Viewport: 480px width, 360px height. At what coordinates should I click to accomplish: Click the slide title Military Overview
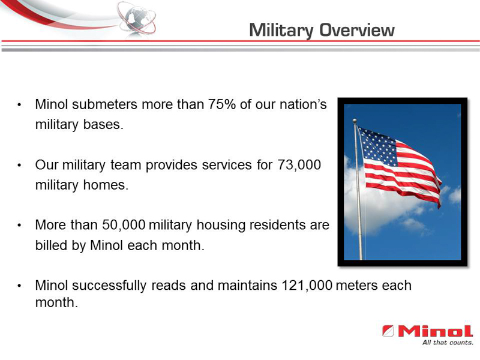point(322,30)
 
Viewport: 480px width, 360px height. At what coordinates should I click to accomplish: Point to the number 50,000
point(121,225)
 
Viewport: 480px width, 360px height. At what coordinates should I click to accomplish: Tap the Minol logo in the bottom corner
point(427,331)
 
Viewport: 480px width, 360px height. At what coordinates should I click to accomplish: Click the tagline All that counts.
point(447,343)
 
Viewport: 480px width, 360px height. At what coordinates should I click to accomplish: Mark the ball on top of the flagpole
point(355,121)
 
